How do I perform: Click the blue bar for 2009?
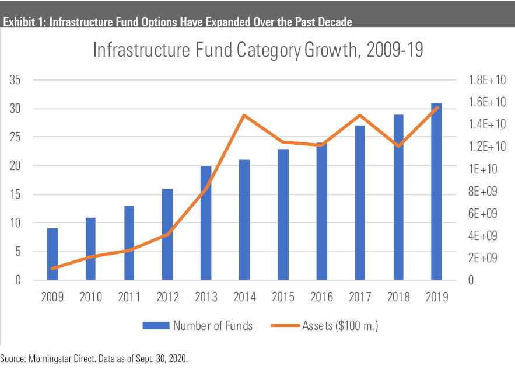[x=52, y=254]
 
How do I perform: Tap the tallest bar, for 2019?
[x=436, y=192]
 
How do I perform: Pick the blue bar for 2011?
[x=129, y=243]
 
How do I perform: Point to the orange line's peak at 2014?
[x=244, y=115]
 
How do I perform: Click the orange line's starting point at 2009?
[x=52, y=269]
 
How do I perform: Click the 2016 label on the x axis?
[x=321, y=297]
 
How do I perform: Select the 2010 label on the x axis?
[x=90, y=297]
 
